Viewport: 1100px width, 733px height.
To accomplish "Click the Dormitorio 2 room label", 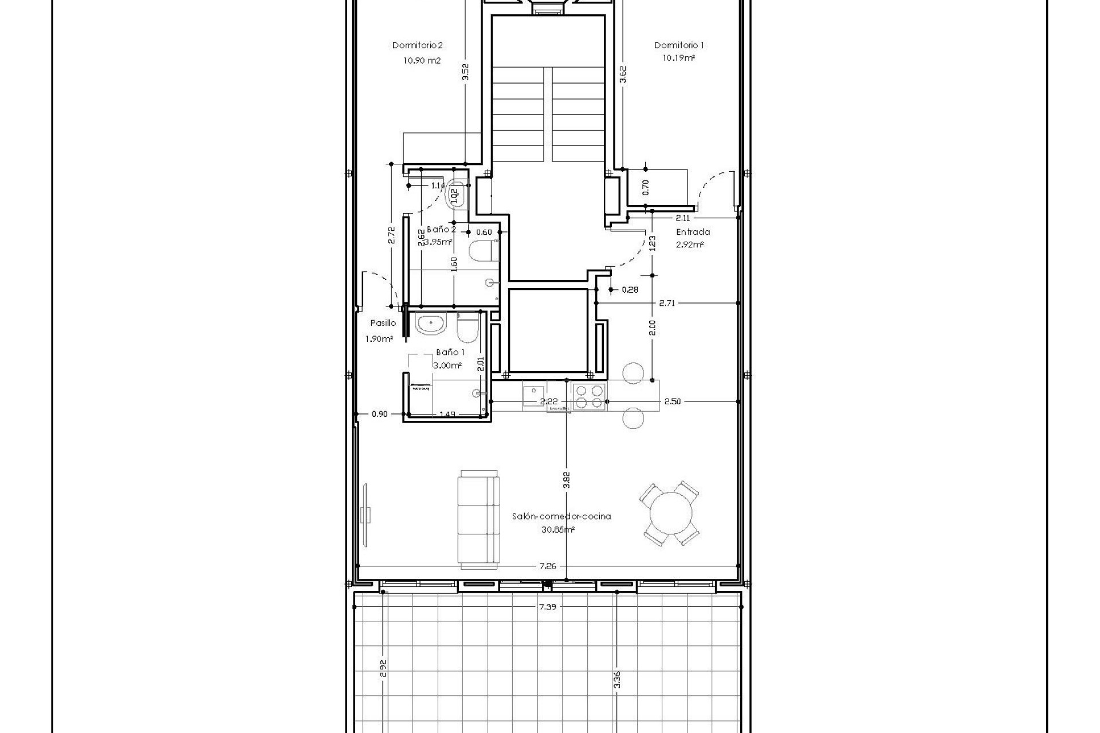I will (x=417, y=45).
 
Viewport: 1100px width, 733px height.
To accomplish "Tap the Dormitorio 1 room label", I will (x=679, y=45).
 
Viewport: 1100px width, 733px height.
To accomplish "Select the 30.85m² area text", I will (x=557, y=530).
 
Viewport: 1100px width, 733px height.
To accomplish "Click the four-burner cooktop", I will (x=590, y=396).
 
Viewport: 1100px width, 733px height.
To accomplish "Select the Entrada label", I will (x=693, y=232).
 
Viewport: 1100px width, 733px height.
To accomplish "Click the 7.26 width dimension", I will (x=548, y=566).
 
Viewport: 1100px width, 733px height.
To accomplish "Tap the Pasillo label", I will (x=383, y=324).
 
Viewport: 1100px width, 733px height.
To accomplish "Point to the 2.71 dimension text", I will (x=667, y=303).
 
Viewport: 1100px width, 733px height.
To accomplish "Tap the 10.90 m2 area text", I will (x=422, y=60).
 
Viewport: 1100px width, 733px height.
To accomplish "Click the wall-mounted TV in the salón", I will (x=366, y=514).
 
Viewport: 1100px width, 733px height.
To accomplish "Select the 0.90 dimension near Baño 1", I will (x=379, y=414).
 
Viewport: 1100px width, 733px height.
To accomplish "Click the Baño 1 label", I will (x=450, y=353).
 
